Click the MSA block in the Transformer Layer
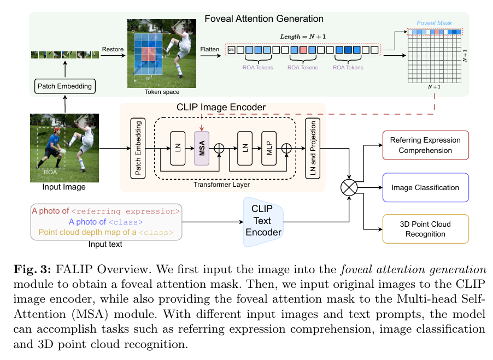coord(202,147)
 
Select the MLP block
coord(269,147)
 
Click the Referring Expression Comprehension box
coord(426,145)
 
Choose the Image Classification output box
coord(426,188)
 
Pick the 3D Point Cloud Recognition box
coord(426,229)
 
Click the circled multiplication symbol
coord(349,188)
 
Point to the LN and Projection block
coord(313,147)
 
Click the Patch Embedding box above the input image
coord(64,86)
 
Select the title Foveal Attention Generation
coord(264,19)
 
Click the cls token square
coord(231,50)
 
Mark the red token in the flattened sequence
coord(303,50)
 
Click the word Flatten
coord(210,49)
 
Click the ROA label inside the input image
coord(50,170)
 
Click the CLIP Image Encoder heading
coord(221,107)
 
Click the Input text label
coord(105,244)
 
